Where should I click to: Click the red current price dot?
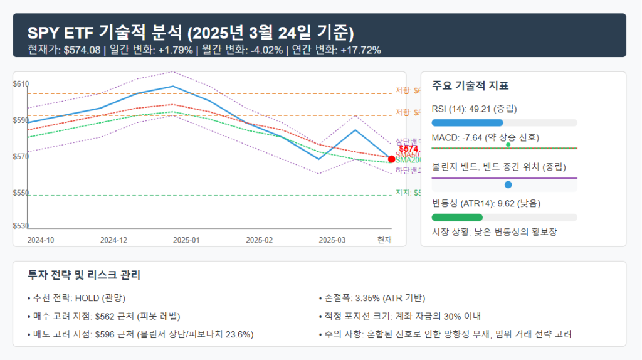[392, 159]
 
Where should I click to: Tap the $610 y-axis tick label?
[21, 84]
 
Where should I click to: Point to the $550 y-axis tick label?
[21, 193]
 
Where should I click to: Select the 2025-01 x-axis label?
[187, 240]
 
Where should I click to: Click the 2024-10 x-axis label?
[41, 240]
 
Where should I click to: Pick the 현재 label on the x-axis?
[384, 240]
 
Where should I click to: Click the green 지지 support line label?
[401, 193]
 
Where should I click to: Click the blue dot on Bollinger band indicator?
[508, 184]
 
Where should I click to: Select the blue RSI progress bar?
[468, 122]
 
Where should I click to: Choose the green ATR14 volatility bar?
[457, 217]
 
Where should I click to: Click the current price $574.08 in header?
[82, 50]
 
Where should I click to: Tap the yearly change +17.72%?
[360, 50]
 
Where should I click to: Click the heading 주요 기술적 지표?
[470, 86]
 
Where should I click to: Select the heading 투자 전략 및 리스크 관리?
[84, 275]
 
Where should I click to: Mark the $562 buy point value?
[105, 316]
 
